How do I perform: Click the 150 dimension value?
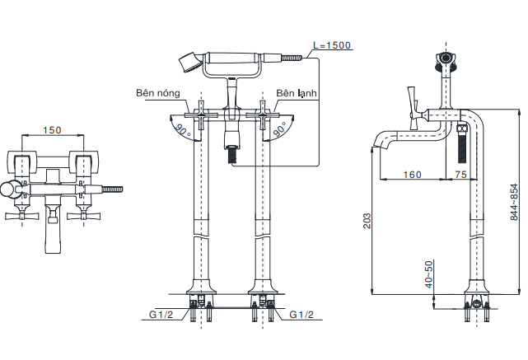point(52,130)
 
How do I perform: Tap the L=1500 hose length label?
point(332,45)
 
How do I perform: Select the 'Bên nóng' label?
point(158,93)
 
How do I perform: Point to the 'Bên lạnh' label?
point(297,93)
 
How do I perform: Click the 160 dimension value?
point(412,175)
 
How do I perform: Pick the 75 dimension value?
point(460,175)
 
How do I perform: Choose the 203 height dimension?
point(367,221)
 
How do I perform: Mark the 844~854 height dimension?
point(514,202)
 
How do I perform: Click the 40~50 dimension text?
point(428,274)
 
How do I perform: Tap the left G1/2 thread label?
point(161,315)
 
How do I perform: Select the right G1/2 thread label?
point(301,315)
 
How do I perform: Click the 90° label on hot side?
point(183,130)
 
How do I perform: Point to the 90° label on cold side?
point(280,129)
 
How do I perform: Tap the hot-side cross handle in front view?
point(201,115)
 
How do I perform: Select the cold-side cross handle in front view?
point(262,115)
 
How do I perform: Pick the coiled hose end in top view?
point(112,189)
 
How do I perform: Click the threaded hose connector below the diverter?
point(232,155)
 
